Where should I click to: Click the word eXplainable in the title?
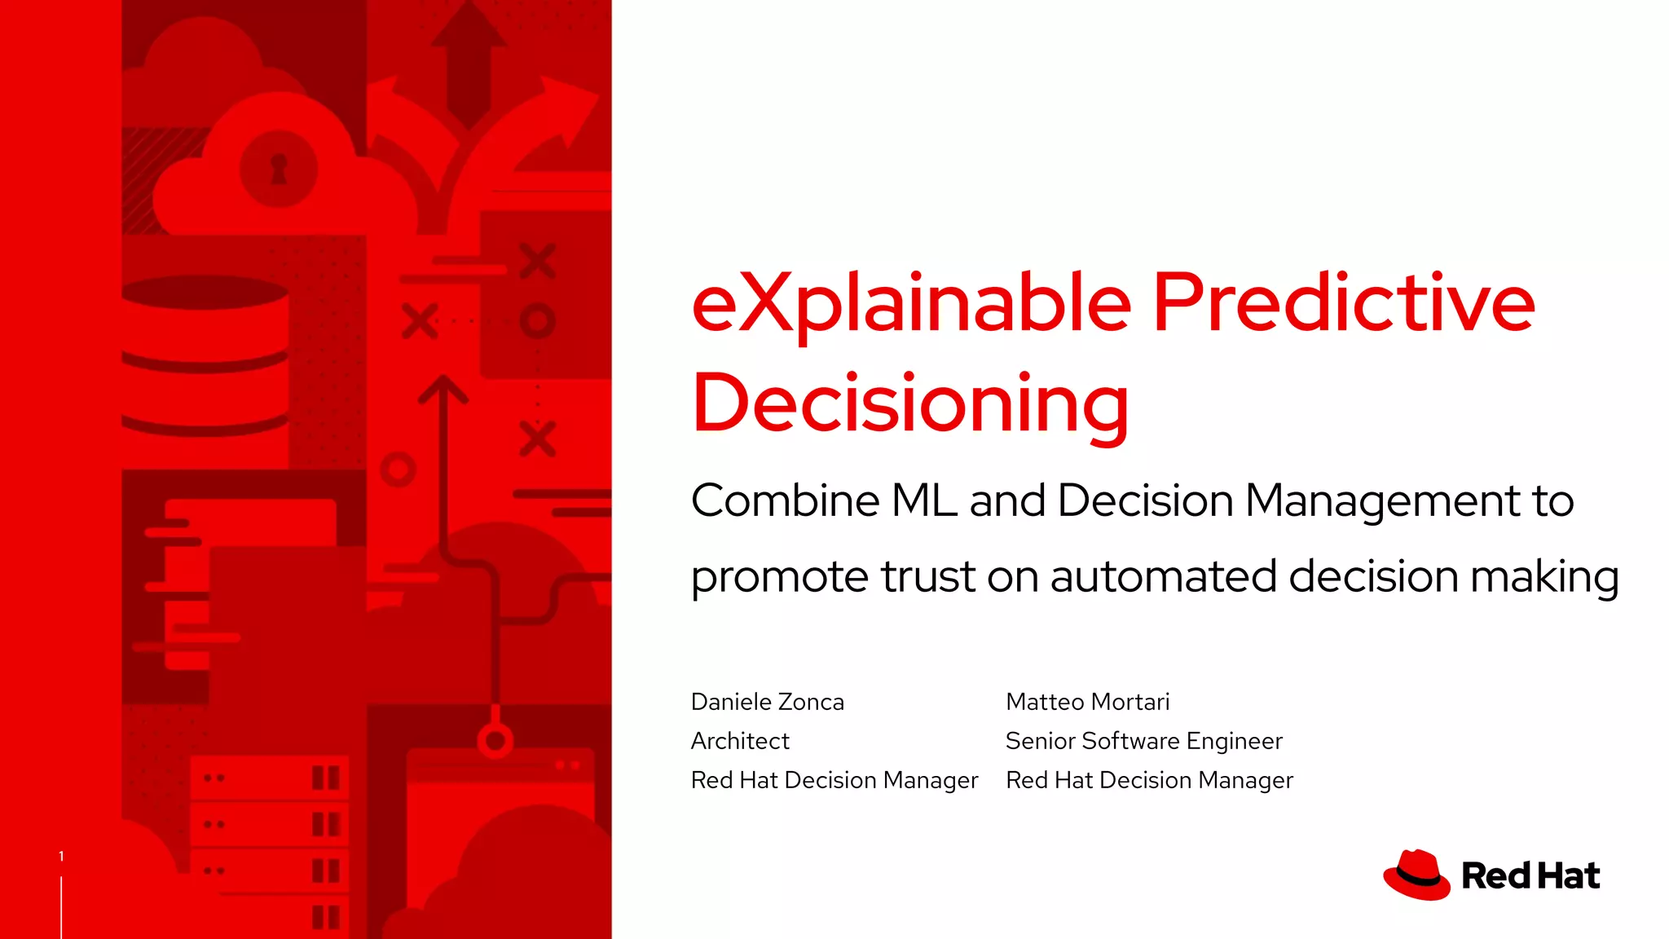coord(911,304)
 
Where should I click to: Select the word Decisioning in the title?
coord(910,404)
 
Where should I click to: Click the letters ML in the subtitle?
coord(924,500)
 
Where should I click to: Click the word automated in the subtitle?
coord(1164,576)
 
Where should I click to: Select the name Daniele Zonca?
coord(767,702)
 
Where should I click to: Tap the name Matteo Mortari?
coord(1087,702)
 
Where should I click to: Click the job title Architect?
coord(740,741)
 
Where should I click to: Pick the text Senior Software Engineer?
coord(1143,741)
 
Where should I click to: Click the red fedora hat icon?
coord(1416,875)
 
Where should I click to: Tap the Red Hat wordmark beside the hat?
coord(1530,876)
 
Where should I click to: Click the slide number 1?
coord(61,856)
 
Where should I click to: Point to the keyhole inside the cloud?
coord(279,170)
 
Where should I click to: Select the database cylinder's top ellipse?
coord(205,292)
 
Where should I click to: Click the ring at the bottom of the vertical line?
coord(495,741)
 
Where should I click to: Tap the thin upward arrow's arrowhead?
coord(443,389)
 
